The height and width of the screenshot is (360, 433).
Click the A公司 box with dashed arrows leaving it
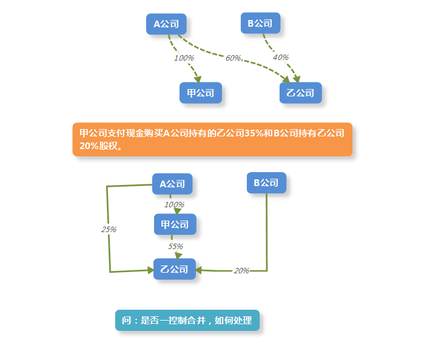tap(166, 24)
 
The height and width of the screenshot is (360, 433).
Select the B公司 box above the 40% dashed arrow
tap(260, 24)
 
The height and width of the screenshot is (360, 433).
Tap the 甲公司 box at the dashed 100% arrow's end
tap(201, 93)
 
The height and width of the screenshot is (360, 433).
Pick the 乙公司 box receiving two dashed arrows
tap(300, 93)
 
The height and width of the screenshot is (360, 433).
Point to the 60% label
tap(233, 58)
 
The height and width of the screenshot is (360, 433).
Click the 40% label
tap(280, 58)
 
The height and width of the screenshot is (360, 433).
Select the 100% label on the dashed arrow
tap(184, 58)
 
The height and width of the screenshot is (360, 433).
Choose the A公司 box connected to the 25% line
tap(172, 184)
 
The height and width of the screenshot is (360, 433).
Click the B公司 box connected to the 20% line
tap(266, 183)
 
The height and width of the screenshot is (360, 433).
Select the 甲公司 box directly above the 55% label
tap(175, 224)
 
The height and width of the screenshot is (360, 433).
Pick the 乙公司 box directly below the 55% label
tap(175, 268)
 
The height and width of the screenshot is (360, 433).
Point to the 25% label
tap(109, 230)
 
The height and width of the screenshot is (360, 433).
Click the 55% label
tap(175, 247)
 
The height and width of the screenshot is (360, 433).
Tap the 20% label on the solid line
tap(241, 270)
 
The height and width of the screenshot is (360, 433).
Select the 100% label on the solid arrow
tap(174, 204)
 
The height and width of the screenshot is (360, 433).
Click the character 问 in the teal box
tap(127, 321)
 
